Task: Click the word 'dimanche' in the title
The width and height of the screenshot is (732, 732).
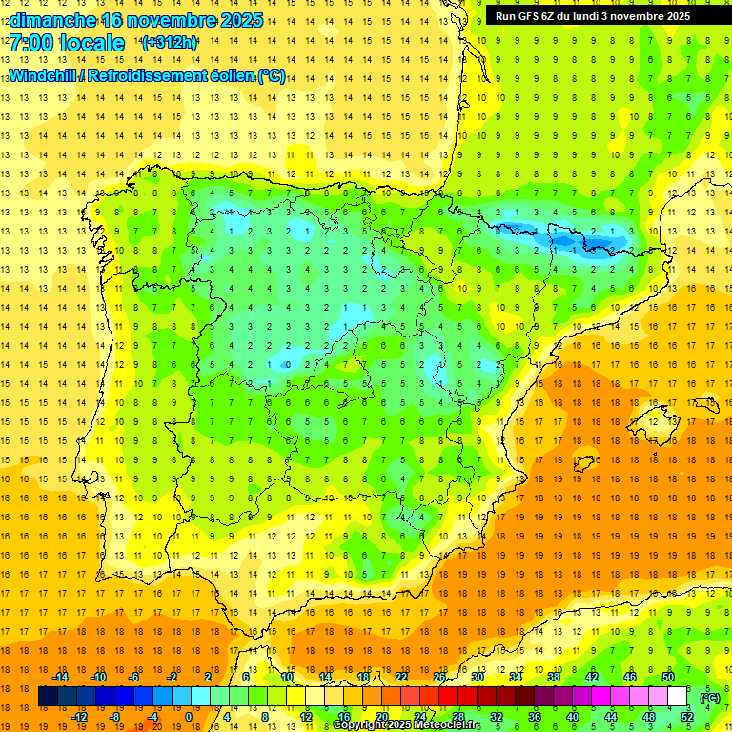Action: (52, 19)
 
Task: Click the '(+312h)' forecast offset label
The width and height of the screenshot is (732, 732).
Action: (169, 43)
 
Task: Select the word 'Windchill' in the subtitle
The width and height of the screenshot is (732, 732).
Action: (44, 75)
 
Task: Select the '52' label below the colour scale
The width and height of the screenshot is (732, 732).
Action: (687, 716)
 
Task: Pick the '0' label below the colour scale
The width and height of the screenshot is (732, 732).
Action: (188, 716)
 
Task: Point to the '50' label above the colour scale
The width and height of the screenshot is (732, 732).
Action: (668, 677)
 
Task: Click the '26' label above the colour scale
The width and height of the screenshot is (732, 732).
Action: (439, 677)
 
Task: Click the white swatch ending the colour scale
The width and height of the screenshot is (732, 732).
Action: (678, 697)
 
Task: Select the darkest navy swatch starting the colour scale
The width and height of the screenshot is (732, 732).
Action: (48, 697)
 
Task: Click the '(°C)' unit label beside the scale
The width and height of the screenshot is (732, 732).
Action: (710, 697)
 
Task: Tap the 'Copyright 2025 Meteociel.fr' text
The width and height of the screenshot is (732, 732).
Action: (406, 725)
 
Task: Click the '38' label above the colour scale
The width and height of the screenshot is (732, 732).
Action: (554, 677)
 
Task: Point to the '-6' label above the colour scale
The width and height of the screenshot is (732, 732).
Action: (134, 677)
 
